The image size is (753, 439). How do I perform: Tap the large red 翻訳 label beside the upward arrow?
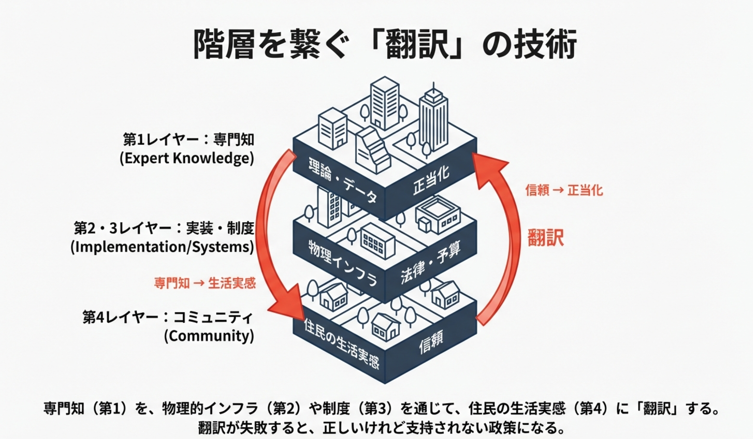point(546,238)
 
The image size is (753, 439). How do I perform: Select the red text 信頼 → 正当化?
point(564,190)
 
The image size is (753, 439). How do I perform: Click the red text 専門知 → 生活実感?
point(205,283)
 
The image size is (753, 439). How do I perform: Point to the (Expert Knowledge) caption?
point(187,158)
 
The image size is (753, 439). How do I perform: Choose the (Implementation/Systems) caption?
point(162,247)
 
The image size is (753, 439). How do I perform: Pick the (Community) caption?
point(209,336)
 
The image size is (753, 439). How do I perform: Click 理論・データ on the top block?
point(342,179)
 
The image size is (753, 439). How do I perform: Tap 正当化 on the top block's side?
point(431,180)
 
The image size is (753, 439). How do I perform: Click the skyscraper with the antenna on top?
point(434,119)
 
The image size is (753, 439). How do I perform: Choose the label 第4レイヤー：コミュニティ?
point(168,317)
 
